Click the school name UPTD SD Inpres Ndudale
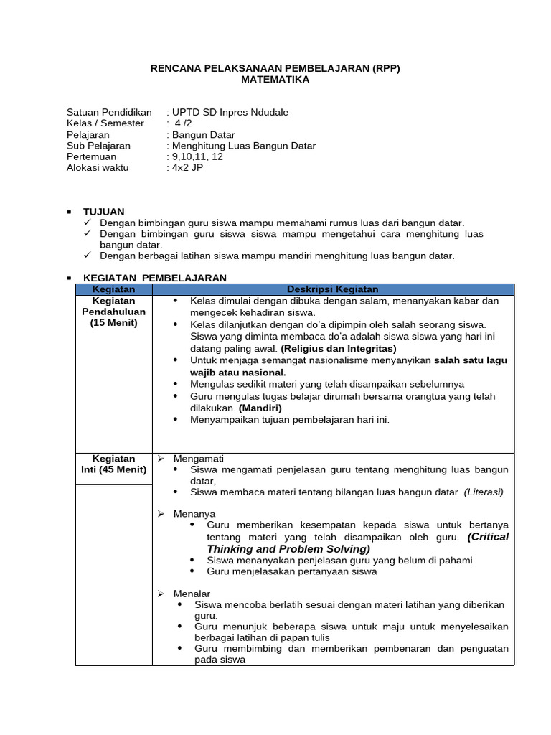230,112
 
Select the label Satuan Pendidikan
109,112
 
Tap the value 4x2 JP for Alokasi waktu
188,167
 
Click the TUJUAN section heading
103,212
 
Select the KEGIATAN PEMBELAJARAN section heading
155,278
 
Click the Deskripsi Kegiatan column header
333,289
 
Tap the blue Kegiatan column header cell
113,289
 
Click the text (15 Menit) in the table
113,323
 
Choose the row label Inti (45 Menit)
113,469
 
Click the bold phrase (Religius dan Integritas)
339,348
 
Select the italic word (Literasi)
484,492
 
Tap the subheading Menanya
194,514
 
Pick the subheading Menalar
192,594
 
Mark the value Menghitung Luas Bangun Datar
243,146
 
